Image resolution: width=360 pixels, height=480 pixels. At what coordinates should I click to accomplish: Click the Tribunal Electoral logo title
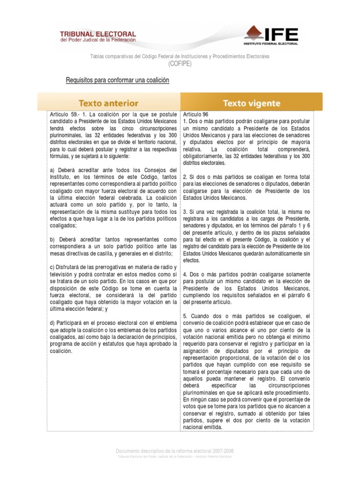pos(97,34)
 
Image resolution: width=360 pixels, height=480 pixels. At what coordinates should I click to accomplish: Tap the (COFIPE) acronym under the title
pos(180,64)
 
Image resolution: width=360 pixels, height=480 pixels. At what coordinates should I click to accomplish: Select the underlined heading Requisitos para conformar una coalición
pos(117,81)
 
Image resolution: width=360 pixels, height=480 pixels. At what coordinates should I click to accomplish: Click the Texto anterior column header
pos(108,103)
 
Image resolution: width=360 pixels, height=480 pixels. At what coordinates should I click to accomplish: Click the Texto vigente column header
pos(252,103)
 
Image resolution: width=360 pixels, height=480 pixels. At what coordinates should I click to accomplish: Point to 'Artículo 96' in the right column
pos(196,114)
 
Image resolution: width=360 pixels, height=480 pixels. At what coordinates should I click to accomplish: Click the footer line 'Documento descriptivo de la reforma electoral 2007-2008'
pos(175,451)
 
